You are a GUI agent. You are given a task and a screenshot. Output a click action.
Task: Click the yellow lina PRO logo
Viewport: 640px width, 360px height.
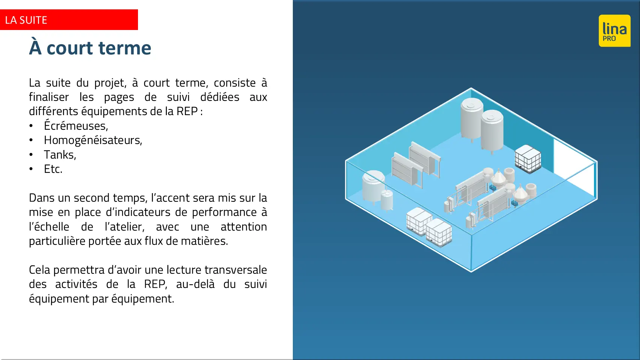615,31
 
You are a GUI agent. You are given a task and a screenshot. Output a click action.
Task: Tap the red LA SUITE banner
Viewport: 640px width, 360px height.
69,20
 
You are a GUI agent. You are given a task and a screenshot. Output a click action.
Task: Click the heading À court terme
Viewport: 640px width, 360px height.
90,48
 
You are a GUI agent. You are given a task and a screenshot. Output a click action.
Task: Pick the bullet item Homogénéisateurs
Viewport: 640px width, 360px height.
93,140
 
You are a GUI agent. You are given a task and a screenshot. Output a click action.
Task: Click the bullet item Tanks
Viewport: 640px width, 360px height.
60,154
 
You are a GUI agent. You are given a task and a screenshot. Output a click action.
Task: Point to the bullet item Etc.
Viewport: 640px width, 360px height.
53,169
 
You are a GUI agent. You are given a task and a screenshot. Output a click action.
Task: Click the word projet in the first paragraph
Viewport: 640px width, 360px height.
110,83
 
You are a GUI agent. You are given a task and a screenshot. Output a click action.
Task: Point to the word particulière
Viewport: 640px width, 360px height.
57,241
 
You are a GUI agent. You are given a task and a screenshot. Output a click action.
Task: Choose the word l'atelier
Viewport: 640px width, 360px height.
124,226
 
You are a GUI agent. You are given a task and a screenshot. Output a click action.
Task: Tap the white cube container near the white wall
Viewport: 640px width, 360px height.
528,159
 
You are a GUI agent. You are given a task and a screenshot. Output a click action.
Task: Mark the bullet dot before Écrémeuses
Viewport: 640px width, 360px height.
31,126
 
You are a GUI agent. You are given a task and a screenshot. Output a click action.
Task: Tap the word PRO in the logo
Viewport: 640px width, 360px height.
609,38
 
